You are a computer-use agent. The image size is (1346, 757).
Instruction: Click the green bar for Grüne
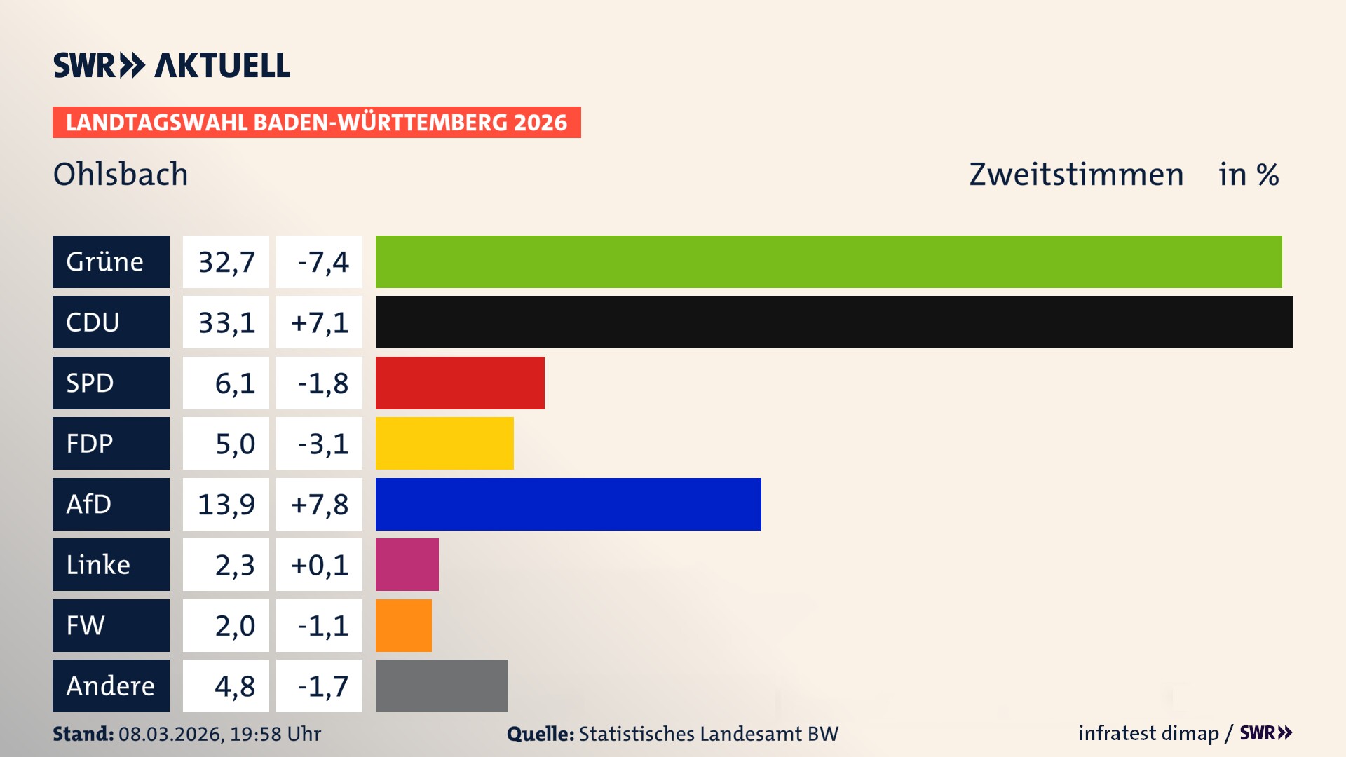point(829,261)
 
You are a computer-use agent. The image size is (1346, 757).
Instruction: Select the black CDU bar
point(834,322)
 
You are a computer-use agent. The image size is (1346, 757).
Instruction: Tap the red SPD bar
point(460,383)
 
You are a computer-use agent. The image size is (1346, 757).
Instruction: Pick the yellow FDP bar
point(444,443)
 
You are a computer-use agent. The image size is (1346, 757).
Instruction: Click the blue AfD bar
point(568,504)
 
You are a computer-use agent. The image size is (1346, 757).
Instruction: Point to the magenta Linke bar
point(407,564)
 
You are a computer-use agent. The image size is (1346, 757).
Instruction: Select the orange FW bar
point(403,625)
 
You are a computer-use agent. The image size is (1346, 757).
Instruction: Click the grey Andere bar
point(442,686)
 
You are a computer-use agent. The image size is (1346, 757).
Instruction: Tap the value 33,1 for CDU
point(226,322)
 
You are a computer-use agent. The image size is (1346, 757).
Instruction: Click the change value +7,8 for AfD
point(319,505)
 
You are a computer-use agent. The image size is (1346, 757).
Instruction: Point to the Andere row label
point(111,686)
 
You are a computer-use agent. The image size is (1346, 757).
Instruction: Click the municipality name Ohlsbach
point(121,174)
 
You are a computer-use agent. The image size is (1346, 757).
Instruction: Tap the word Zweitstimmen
point(1076,174)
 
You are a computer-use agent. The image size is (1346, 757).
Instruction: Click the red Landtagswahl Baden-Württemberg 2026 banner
point(316,122)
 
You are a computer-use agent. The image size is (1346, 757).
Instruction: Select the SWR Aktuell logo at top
point(171,65)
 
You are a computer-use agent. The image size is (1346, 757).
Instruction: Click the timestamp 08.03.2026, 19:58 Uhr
point(219,734)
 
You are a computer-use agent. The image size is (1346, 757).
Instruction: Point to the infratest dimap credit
point(1148,733)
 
